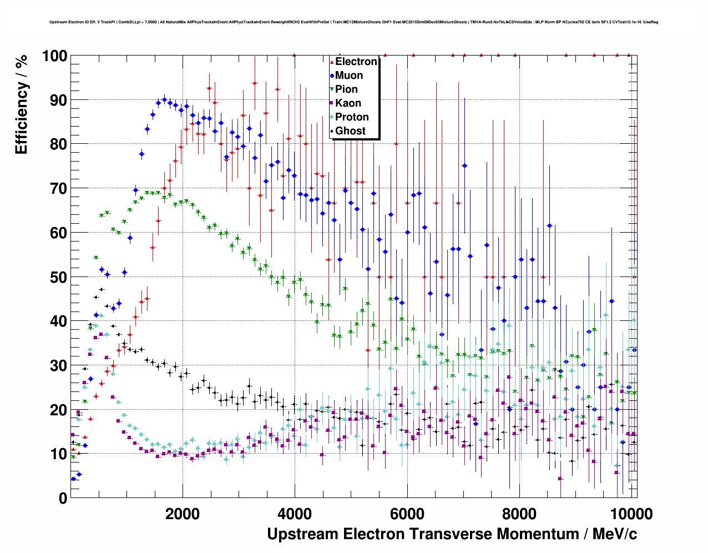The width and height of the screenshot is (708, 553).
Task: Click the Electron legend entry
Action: (x=356, y=62)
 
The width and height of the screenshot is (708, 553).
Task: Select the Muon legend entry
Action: (x=348, y=76)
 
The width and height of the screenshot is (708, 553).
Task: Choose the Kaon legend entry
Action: (x=348, y=103)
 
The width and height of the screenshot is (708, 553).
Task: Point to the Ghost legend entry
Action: (x=350, y=131)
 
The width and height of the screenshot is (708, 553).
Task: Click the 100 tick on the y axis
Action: (x=54, y=56)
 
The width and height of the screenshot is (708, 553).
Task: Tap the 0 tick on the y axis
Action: (x=63, y=498)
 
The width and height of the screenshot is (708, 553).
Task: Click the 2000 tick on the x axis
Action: (x=183, y=514)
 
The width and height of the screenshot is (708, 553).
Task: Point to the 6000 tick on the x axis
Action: (x=407, y=514)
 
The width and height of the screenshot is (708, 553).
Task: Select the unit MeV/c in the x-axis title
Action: (x=615, y=534)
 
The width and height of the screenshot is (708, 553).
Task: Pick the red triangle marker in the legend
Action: (x=332, y=62)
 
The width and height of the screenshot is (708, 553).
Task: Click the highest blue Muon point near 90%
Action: (x=164, y=100)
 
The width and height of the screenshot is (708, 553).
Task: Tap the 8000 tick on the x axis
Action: (x=519, y=514)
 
